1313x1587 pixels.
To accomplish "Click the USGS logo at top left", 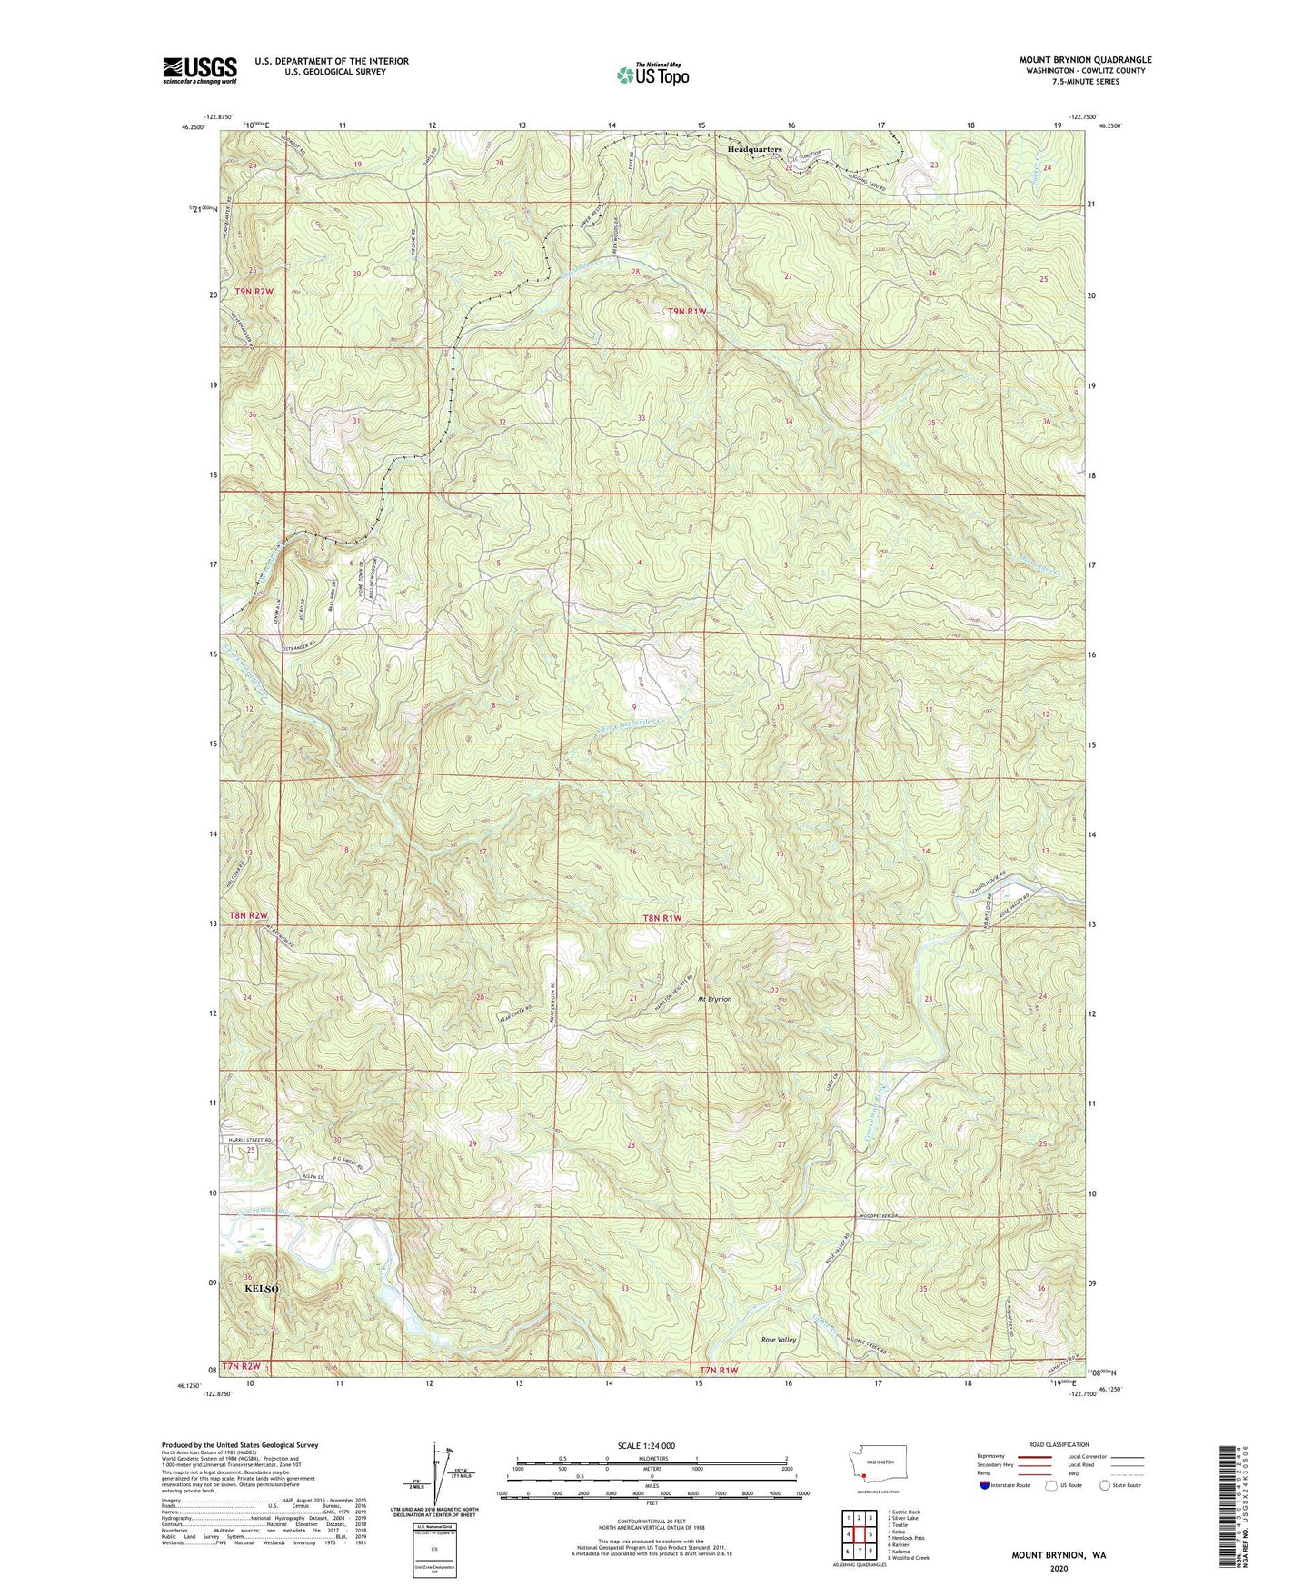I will coord(199,70).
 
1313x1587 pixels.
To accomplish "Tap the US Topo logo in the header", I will coord(652,75).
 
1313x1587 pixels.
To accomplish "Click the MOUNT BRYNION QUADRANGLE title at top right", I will coord(1085,60).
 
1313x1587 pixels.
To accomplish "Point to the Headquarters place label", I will coord(754,149).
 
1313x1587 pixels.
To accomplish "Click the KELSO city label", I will coord(261,1289).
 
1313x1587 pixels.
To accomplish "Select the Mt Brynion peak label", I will coord(714,999).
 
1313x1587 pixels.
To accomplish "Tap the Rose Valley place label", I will coord(779,1340).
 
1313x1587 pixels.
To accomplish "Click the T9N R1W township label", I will coord(686,312).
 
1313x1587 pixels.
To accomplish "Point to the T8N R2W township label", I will coord(250,915).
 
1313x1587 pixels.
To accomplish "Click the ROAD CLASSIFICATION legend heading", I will coord(1059,1444).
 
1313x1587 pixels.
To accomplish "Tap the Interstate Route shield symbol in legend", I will coord(986,1485).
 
